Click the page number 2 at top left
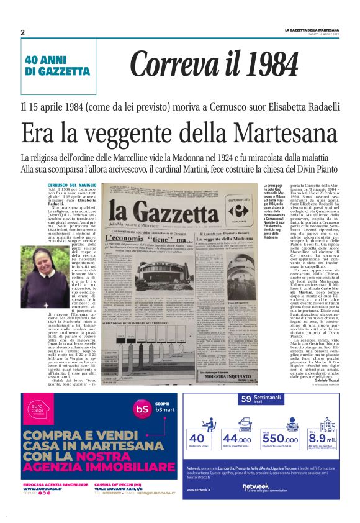[22, 32]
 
